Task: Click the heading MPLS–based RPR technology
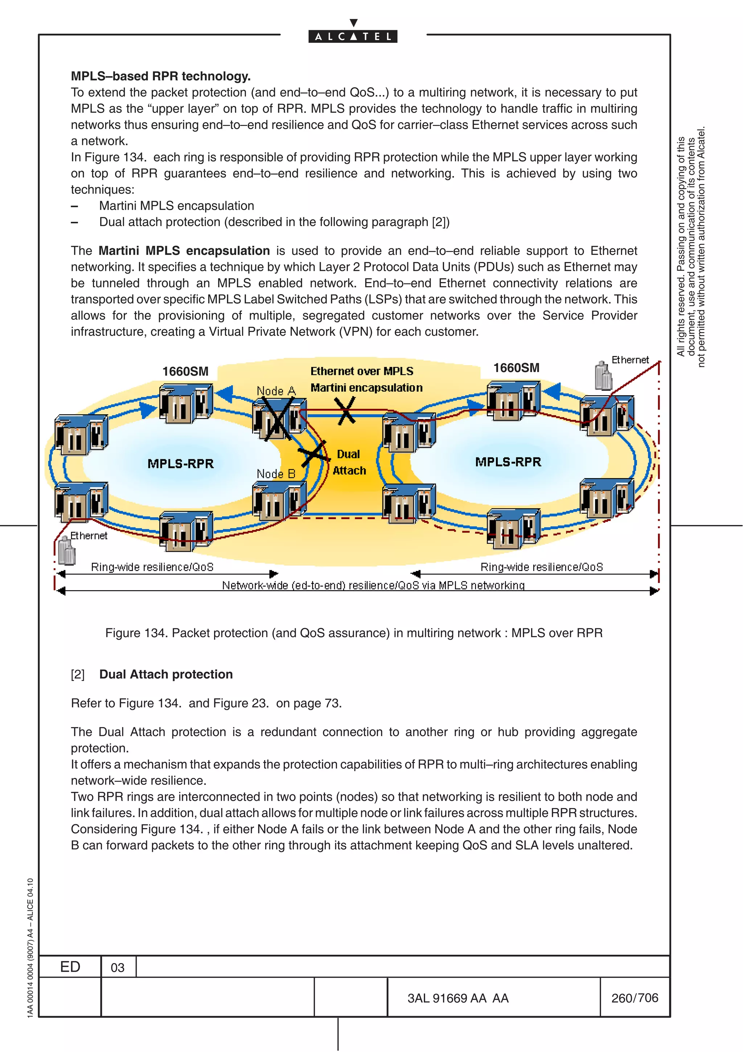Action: click(x=161, y=76)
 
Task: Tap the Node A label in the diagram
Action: click(x=276, y=391)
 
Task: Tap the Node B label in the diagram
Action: click(x=276, y=474)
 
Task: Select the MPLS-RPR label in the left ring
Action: click(x=180, y=464)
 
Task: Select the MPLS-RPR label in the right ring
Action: click(x=508, y=462)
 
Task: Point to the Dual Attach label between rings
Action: click(x=349, y=462)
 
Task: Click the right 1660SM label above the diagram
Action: click(x=516, y=368)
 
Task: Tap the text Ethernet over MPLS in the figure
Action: click(x=362, y=371)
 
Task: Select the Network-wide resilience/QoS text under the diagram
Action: click(x=373, y=585)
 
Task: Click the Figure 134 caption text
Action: click(x=353, y=633)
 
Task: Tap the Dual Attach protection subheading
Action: click(x=166, y=674)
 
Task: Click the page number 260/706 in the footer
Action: click(x=635, y=998)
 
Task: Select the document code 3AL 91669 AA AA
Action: click(x=458, y=998)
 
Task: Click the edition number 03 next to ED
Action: click(x=118, y=968)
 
